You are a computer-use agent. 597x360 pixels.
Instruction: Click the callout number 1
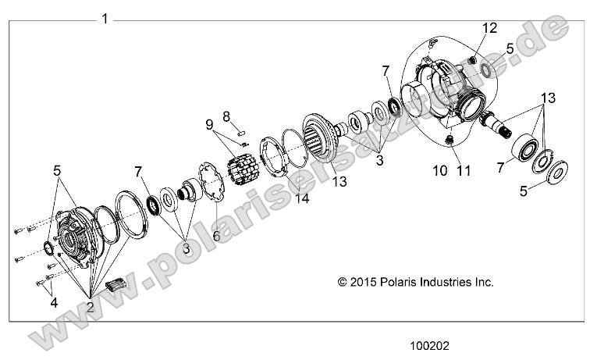pyautogui.click(x=105, y=17)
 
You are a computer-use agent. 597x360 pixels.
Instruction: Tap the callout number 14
pyautogui.click(x=301, y=198)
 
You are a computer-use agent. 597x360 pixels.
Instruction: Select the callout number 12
pyautogui.click(x=489, y=28)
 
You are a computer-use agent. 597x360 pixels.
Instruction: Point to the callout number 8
pyautogui.click(x=226, y=116)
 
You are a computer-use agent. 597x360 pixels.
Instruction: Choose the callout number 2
pyautogui.click(x=91, y=306)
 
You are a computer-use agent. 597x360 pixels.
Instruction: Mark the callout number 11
pyautogui.click(x=464, y=171)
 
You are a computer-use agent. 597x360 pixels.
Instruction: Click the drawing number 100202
pyautogui.click(x=430, y=344)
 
